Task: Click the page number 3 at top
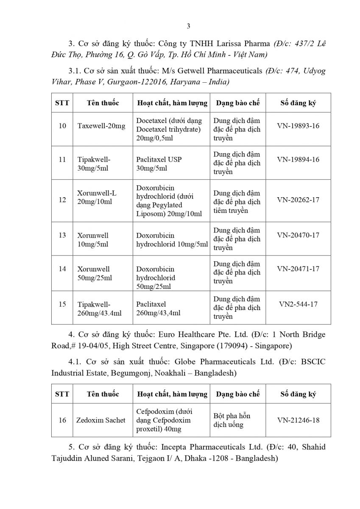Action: click(x=188, y=26)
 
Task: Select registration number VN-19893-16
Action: click(x=298, y=126)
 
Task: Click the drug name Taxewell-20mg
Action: click(x=101, y=126)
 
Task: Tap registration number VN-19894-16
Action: click(x=298, y=159)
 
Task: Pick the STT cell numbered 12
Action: click(x=62, y=200)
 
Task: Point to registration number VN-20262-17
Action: click(x=298, y=199)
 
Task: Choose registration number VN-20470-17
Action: click(x=298, y=235)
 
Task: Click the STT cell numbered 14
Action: click(x=62, y=269)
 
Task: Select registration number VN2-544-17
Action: click(x=298, y=304)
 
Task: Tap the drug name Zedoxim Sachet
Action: click(x=101, y=420)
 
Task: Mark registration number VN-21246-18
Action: click(x=298, y=420)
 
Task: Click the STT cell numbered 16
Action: click(x=62, y=420)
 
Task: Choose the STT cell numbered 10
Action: click(x=62, y=126)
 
